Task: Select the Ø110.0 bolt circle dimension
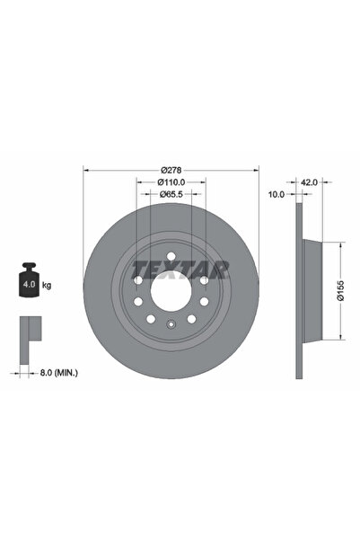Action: (170, 181)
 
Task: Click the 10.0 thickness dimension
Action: (277, 193)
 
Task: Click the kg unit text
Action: (46, 285)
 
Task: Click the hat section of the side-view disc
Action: (310, 289)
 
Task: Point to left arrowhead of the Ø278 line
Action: (85, 170)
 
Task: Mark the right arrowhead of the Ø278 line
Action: (255, 170)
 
